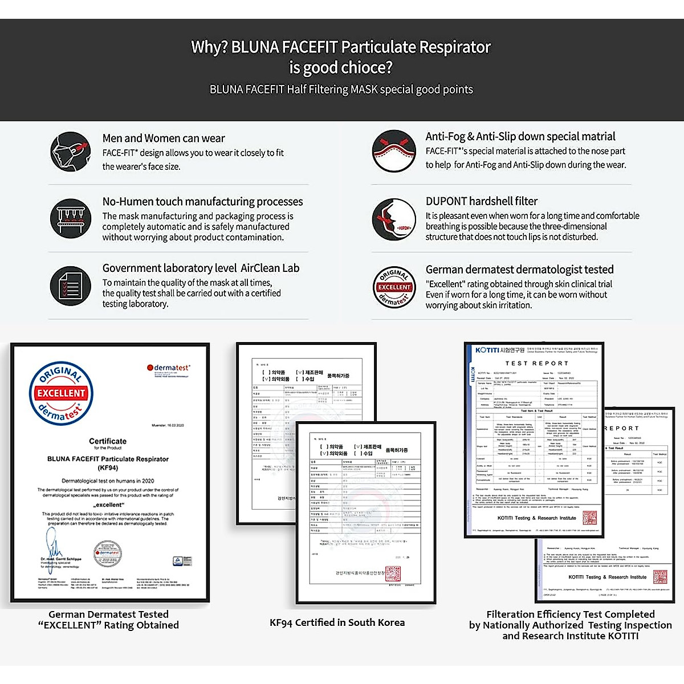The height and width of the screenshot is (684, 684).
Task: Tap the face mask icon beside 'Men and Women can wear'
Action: (70, 152)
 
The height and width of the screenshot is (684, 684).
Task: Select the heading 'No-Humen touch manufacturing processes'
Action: (202, 202)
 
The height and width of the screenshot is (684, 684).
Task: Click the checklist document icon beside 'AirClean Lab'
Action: (70, 286)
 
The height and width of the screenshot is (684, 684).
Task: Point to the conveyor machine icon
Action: (70, 219)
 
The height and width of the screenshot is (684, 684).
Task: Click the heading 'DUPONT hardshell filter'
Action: (481, 201)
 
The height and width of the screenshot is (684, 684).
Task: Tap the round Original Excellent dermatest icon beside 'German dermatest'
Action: (394, 287)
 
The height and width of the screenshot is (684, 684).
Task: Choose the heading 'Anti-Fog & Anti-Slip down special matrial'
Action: (520, 137)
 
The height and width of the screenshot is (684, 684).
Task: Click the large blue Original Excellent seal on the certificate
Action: (61, 393)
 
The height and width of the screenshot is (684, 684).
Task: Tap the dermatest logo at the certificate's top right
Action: (169, 368)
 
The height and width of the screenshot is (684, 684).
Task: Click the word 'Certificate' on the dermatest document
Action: (108, 441)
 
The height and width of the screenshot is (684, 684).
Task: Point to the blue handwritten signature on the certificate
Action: (54, 544)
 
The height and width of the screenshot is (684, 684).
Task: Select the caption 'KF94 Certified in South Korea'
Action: (337, 622)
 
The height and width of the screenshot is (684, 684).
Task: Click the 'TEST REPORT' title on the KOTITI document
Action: (536, 363)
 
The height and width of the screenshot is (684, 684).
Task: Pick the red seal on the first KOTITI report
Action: (589, 518)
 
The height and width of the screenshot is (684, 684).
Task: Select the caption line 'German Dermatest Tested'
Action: (108, 614)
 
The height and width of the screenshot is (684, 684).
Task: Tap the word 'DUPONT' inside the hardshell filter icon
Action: (404, 228)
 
